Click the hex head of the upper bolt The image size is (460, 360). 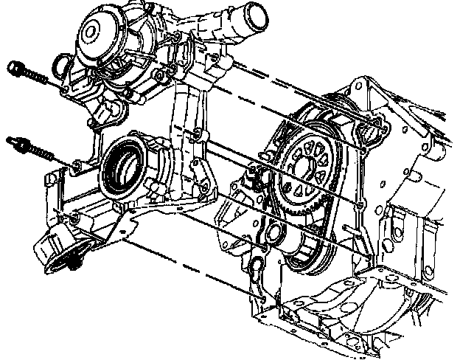tap(14, 69)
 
